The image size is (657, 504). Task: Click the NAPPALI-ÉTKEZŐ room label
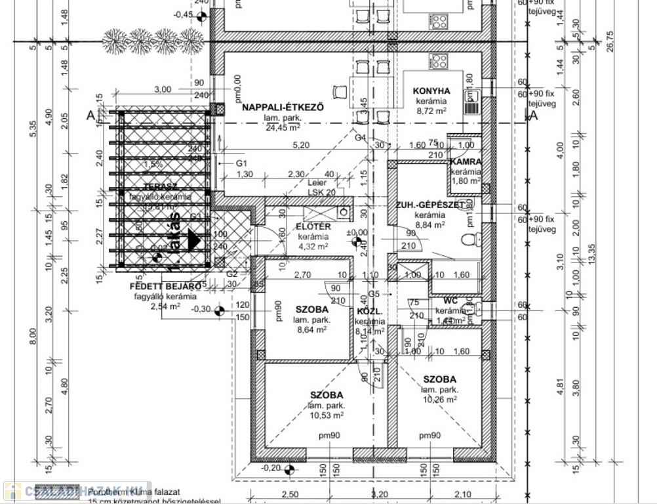click(283, 108)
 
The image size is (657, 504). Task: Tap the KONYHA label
click(431, 91)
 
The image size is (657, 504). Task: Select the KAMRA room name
click(466, 161)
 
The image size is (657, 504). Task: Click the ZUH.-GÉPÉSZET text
click(429, 205)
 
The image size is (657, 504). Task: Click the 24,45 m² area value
click(283, 128)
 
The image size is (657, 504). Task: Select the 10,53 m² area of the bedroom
click(327, 415)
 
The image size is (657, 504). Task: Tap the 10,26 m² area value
click(439, 399)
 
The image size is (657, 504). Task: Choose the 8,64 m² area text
click(311, 330)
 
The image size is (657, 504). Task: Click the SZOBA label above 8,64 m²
click(312, 308)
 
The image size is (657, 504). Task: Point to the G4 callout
click(360, 138)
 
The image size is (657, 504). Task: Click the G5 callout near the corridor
click(374, 293)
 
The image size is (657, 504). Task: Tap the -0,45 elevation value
click(184, 14)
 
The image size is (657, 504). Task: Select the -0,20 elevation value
click(270, 468)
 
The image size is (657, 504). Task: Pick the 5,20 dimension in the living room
click(300, 144)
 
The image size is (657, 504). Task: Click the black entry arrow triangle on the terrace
click(193, 240)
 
